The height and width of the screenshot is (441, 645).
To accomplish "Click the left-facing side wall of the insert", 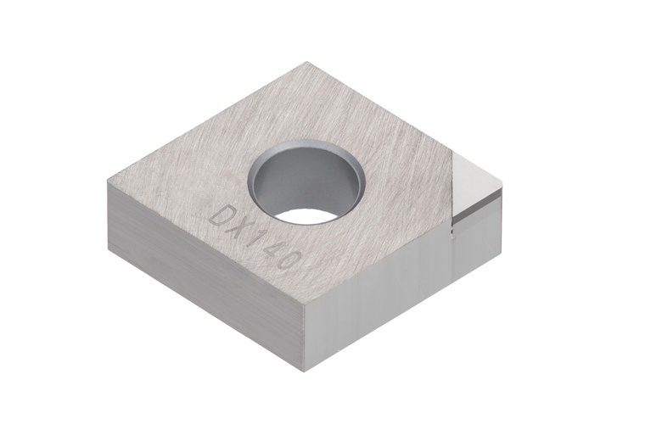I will click(195, 271).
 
